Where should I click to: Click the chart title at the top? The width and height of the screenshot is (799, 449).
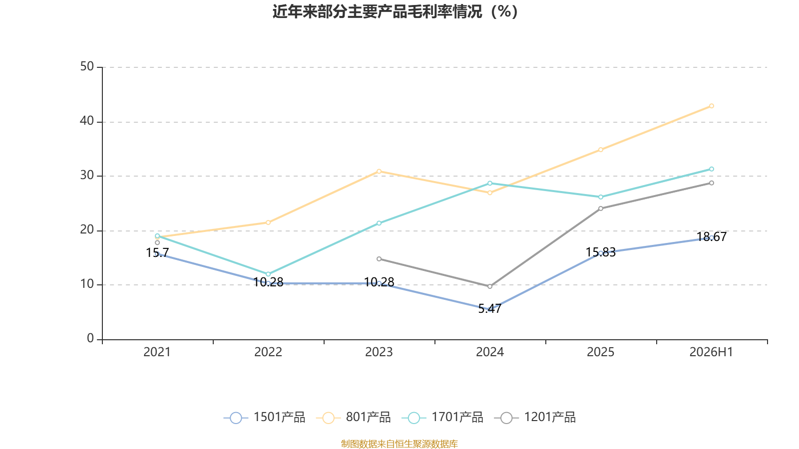click(395, 12)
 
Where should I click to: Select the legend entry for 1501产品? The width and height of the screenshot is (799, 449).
click(264, 417)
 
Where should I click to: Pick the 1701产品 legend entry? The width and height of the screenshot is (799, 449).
click(442, 417)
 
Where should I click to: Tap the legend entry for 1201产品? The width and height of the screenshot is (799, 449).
click(535, 417)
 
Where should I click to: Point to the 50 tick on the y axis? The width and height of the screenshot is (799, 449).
click(87, 66)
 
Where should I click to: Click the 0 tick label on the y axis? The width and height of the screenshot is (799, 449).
click(90, 338)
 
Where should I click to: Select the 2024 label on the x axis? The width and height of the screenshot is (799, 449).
click(490, 352)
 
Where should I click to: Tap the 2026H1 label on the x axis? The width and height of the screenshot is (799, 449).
click(711, 352)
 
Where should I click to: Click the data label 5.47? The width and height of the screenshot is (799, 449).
click(490, 309)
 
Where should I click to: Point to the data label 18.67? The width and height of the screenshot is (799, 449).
click(712, 236)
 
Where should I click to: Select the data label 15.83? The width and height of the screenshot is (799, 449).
click(601, 252)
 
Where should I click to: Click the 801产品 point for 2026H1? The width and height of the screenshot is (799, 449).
click(712, 106)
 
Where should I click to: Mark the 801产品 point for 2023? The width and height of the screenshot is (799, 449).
click(379, 172)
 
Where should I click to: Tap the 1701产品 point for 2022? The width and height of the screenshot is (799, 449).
click(268, 274)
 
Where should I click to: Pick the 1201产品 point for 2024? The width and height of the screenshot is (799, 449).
click(490, 286)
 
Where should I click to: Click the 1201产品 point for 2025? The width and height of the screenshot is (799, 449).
click(601, 209)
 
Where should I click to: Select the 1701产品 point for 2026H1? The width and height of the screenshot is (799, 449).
click(712, 169)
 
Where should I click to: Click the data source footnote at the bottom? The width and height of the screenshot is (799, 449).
click(399, 444)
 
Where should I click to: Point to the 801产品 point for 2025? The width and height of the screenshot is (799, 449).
click(601, 150)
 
